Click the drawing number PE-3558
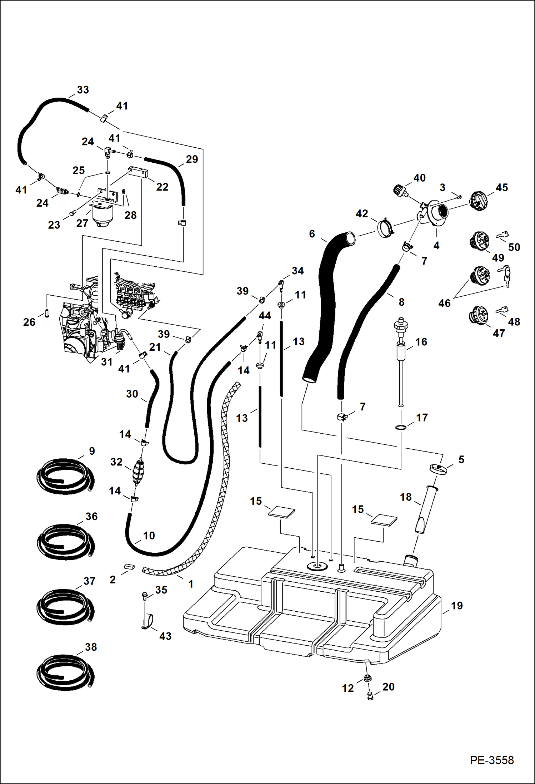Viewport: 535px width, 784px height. click(x=491, y=760)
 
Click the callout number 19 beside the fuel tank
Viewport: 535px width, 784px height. click(x=456, y=606)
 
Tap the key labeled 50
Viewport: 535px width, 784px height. click(x=502, y=235)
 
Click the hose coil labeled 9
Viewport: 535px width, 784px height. click(x=66, y=477)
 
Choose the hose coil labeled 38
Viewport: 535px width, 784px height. click(x=66, y=672)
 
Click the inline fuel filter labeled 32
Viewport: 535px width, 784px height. click(x=139, y=472)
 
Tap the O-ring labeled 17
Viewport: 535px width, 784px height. click(x=401, y=428)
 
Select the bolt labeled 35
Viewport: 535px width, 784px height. click(x=144, y=595)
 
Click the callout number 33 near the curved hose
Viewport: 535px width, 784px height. click(x=83, y=90)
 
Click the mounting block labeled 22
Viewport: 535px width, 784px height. click(x=138, y=173)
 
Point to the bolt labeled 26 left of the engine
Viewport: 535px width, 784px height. click(x=47, y=313)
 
